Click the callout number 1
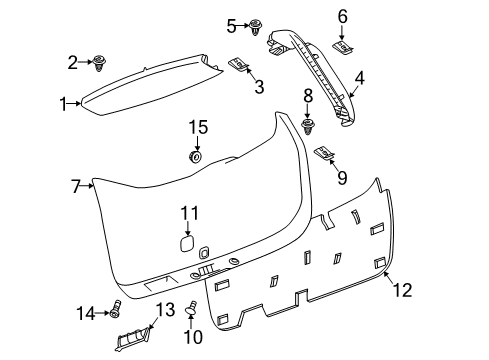pos(65,103)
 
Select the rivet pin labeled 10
pos(191,314)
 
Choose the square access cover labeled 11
pos(187,243)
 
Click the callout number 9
pos(342,178)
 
